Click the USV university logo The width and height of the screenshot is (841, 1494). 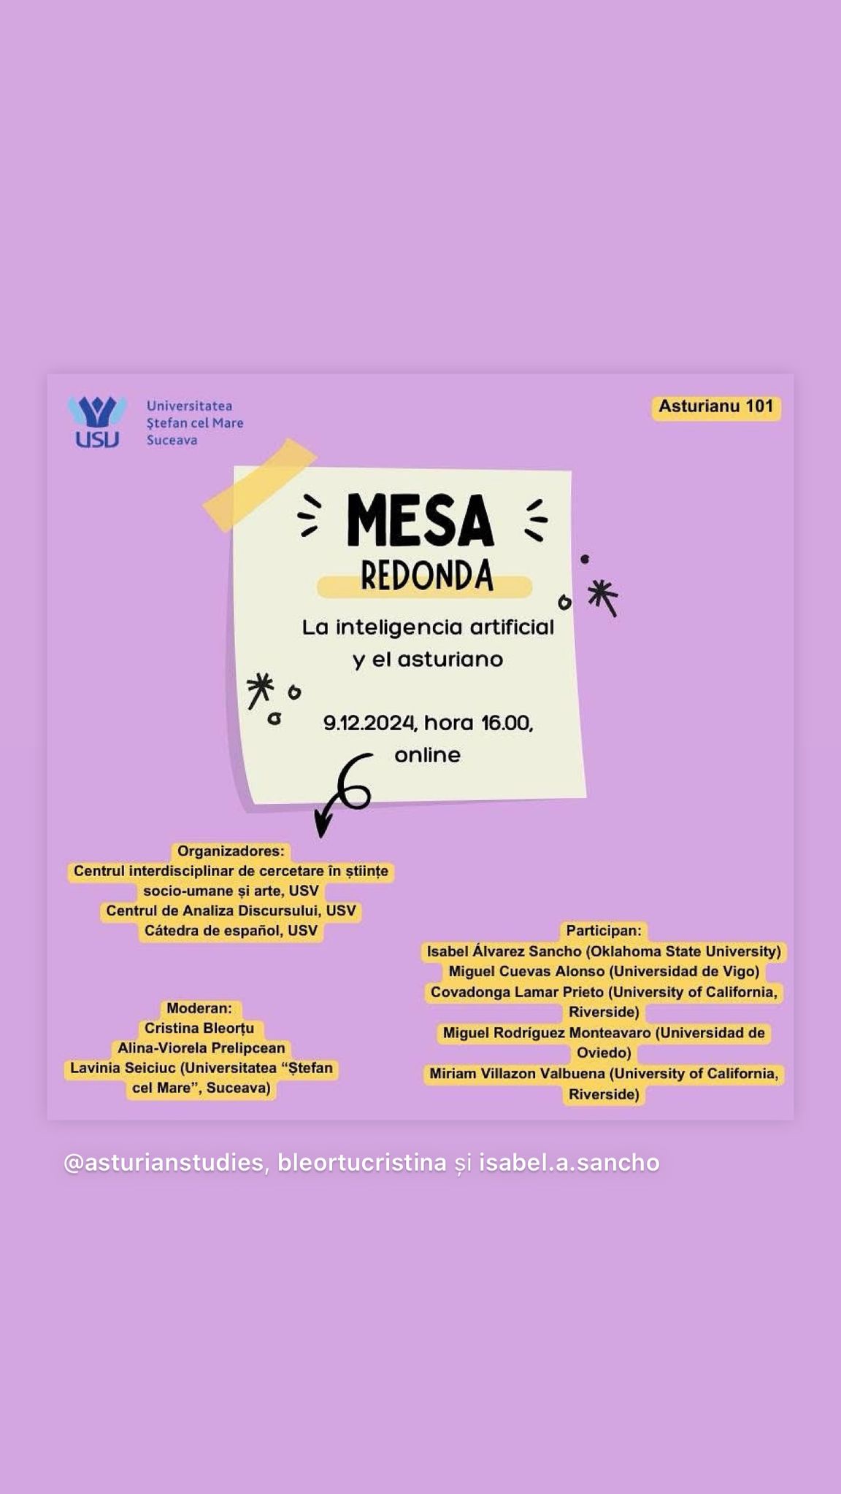pyautogui.click(x=96, y=422)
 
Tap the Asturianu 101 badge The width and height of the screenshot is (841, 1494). pyautogui.click(x=715, y=407)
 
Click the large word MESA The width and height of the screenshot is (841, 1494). pyautogui.click(x=421, y=520)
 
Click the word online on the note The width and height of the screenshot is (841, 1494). pyautogui.click(x=428, y=755)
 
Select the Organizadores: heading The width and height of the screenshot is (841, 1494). pyautogui.click(x=231, y=851)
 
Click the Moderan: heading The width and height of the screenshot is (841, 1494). pyautogui.click(x=199, y=1008)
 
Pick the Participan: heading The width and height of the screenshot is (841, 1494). pyautogui.click(x=604, y=931)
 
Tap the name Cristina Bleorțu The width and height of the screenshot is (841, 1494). pyautogui.click(x=199, y=1028)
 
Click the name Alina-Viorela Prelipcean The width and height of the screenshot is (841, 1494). pyautogui.click(x=201, y=1048)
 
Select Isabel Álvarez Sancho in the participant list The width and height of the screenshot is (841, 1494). pyautogui.click(x=504, y=951)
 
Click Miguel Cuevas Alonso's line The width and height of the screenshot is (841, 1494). pyautogui.click(x=604, y=972)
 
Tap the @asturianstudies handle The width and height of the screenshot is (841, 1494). pyautogui.click(x=164, y=1162)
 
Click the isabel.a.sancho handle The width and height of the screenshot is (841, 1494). pyautogui.click(x=569, y=1162)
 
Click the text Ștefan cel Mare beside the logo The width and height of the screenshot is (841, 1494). pyautogui.click(x=195, y=422)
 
